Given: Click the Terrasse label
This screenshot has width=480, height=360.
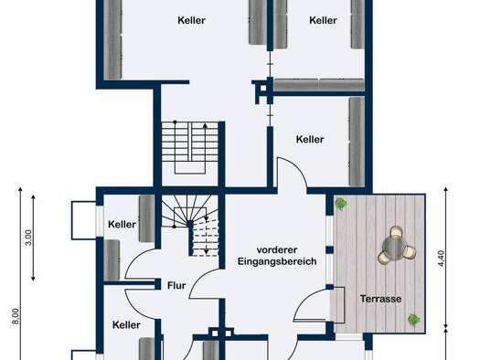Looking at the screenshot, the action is (380, 299).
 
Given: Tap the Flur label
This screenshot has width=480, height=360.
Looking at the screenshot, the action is (176, 286).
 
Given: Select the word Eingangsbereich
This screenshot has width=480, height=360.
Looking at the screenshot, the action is (277, 261).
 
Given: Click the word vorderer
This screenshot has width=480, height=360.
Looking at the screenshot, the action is (277, 249).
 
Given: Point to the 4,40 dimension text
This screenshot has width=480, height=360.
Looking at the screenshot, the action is (441, 259).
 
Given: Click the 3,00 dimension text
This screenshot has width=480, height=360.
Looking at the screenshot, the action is (28, 238).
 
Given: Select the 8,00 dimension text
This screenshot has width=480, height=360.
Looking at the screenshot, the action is (16, 316).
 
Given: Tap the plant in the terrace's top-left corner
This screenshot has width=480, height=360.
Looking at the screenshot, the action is (340, 204).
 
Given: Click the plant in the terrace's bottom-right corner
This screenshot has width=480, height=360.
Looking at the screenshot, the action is (414, 320).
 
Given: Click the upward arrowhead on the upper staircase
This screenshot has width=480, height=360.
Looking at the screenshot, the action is (205, 125).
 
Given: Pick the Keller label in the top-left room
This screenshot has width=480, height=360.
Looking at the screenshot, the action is (191, 20).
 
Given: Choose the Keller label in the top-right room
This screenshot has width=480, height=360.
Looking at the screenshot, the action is (323, 20).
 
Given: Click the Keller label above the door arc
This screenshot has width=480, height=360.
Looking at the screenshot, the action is (310, 140).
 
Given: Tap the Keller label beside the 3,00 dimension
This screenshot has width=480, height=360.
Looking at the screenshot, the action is (122, 225).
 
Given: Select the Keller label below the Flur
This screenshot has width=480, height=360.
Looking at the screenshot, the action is (126, 325).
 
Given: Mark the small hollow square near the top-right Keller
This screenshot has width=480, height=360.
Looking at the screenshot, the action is (263, 89).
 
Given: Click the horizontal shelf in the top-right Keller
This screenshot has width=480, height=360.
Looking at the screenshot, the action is (319, 84).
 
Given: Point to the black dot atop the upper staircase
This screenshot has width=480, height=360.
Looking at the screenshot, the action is (175, 122).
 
